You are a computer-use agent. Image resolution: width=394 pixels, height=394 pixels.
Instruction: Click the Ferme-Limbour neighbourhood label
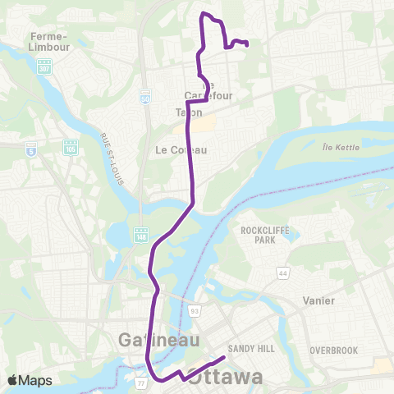click(48, 41)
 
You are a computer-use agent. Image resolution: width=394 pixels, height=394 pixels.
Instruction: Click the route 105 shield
click(71, 146)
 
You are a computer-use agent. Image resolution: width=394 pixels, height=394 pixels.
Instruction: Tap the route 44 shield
click(282, 272)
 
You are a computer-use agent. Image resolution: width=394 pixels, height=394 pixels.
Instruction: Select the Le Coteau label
click(174, 150)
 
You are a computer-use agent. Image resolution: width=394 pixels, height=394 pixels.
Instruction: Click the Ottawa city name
click(226, 378)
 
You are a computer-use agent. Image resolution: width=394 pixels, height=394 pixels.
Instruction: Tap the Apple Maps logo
click(30, 380)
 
